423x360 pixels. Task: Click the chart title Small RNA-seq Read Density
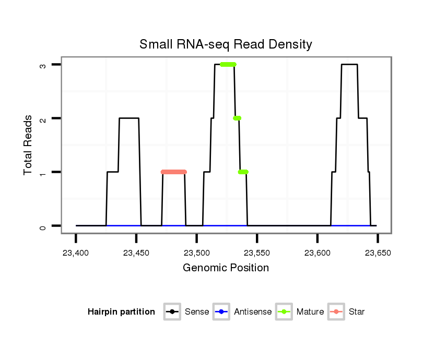(x=226, y=44)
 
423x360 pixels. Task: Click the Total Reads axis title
(x=29, y=145)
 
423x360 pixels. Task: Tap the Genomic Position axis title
(x=226, y=268)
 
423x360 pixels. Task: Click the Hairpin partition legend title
(x=121, y=312)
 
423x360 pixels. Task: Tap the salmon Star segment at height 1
(x=174, y=172)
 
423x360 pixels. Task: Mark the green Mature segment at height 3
(x=228, y=64)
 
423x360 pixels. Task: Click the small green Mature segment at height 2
(x=237, y=118)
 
